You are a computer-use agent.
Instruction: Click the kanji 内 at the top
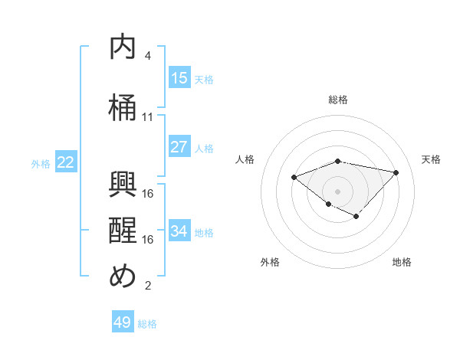coord(123,48)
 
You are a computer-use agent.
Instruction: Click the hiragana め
coord(123,277)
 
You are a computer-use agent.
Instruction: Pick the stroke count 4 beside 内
coord(148,56)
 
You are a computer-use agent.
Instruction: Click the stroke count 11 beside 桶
coord(148,117)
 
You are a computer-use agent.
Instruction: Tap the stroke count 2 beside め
coord(148,286)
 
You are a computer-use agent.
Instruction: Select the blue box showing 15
coord(179,78)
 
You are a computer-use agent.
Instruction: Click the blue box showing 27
coord(179,147)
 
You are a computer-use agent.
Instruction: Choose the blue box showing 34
coord(179,231)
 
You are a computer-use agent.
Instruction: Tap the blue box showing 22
coord(66,162)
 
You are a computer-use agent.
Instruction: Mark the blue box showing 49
coord(123,322)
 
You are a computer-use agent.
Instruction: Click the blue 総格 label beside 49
coord(147,324)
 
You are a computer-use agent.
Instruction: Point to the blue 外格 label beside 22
coord(41,163)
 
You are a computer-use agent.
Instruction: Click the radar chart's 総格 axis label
coord(338,100)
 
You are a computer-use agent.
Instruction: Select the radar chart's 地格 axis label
coord(402,262)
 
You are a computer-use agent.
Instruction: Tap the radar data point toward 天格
coord(396,172)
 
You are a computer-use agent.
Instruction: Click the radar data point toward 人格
coord(294,178)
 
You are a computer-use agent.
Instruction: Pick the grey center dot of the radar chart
coord(337,191)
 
